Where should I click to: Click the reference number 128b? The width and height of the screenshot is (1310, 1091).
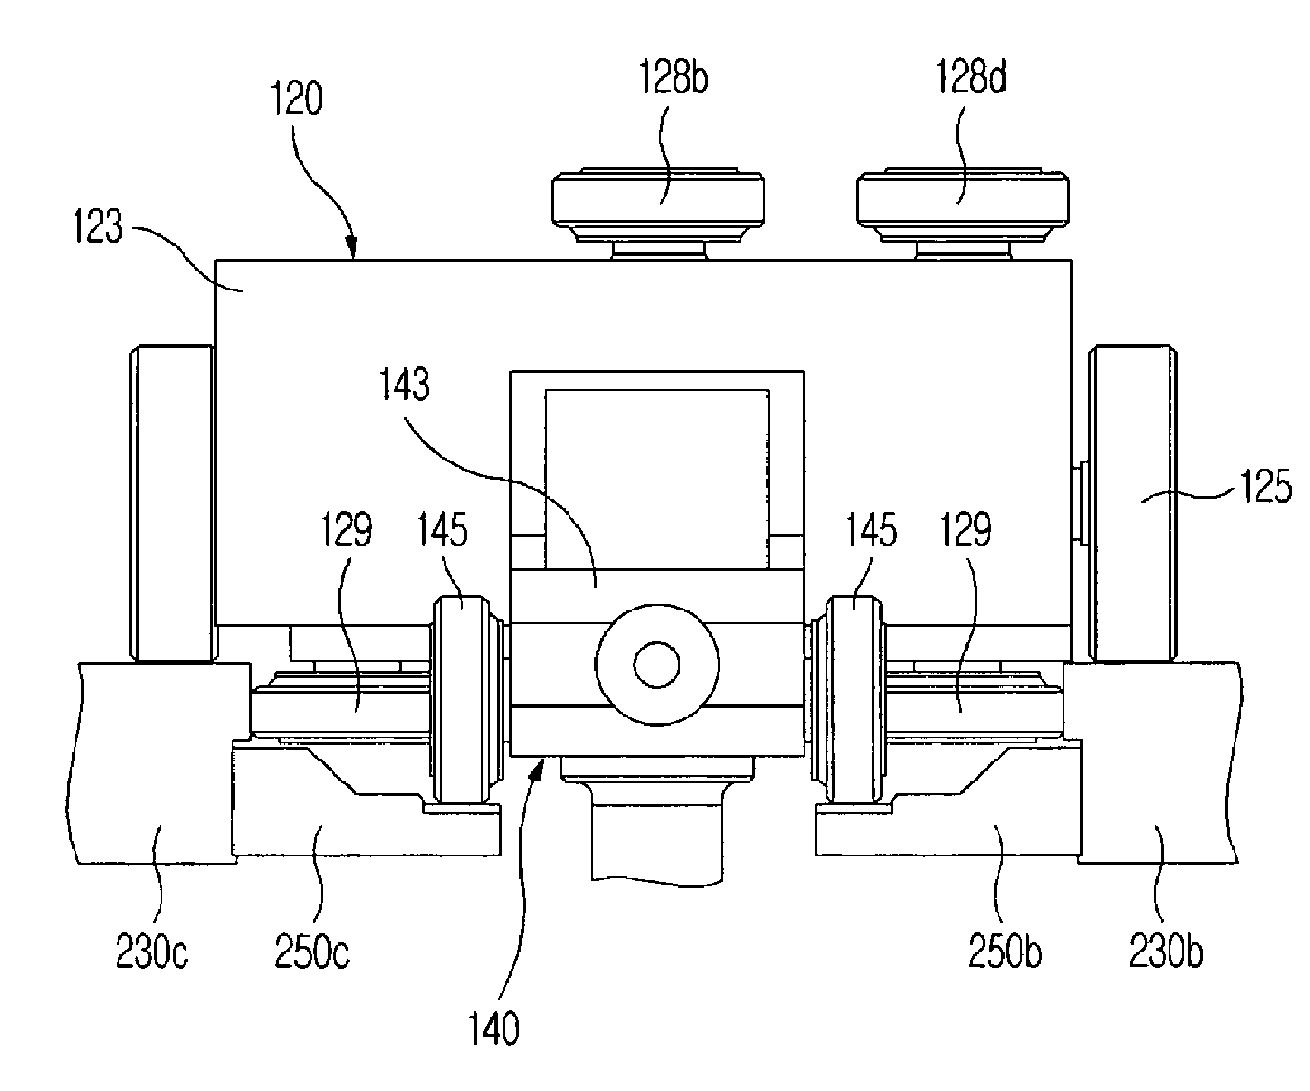tap(674, 77)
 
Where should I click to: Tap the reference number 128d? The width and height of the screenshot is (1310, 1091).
tap(971, 76)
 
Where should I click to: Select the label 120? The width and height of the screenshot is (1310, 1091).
tap(296, 98)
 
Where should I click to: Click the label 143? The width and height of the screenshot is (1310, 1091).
tap(405, 384)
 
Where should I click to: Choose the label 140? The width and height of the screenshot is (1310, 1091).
tap(494, 1028)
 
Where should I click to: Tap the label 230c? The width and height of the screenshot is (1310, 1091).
tap(152, 952)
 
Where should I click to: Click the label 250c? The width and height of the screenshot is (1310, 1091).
tap(311, 952)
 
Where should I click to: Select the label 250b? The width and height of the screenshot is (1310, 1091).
tap(1004, 952)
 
